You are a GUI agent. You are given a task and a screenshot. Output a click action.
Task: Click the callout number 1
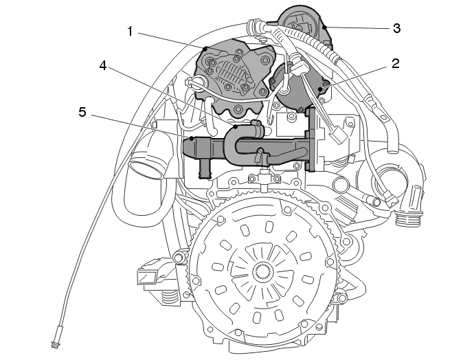[131, 32]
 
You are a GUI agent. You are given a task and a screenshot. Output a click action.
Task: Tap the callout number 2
[396, 63]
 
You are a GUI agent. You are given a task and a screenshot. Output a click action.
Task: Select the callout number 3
[397, 28]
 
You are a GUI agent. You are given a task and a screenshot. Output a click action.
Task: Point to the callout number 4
[103, 65]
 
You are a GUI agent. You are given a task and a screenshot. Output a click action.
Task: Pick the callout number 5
[82, 112]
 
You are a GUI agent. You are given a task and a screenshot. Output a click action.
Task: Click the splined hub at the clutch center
[263, 271]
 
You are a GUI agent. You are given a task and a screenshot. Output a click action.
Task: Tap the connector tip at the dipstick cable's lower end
[56, 344]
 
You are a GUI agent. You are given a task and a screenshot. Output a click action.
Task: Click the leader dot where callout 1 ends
[205, 48]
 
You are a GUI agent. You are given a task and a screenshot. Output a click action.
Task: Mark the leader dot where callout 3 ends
[324, 27]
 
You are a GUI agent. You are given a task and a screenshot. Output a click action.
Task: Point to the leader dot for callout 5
[192, 138]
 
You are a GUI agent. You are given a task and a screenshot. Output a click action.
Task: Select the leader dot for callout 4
[236, 126]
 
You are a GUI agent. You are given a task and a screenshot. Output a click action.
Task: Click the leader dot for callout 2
[320, 89]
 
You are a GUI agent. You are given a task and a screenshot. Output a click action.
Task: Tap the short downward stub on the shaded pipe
[205, 170]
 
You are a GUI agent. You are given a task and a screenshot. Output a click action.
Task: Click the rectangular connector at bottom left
[148, 275]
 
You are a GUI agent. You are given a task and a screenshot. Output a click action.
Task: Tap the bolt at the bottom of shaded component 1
[238, 110]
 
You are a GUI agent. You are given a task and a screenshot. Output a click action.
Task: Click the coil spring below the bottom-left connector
[169, 297]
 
